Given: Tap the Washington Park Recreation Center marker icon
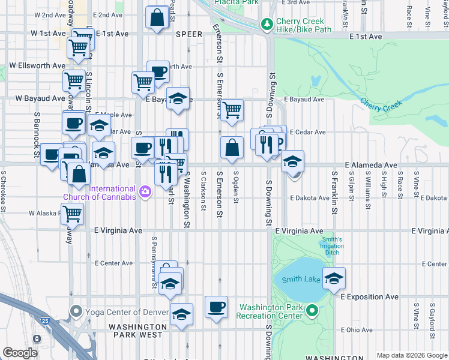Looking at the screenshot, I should point(312,311).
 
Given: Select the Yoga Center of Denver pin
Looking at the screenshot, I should point(76,311).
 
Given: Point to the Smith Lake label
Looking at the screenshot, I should point(297,280).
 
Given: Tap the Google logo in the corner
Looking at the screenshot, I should point(20,352).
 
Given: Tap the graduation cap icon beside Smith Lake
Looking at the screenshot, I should point(334,278).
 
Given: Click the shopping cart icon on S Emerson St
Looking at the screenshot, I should point(231,110).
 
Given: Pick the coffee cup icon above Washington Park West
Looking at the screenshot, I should point(216,306).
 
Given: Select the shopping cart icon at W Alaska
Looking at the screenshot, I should point(72,212).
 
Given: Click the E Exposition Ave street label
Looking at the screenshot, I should point(369,296).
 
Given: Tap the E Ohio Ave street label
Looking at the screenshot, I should point(357,329).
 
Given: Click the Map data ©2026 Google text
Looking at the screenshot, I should point(411,355).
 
